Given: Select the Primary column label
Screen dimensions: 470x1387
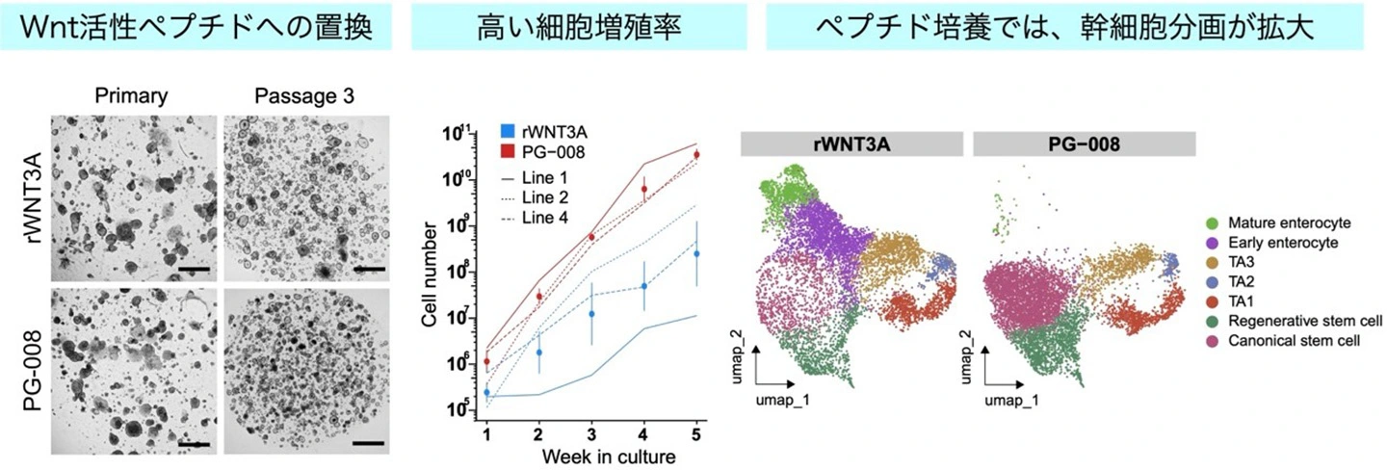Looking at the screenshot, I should tap(131, 96).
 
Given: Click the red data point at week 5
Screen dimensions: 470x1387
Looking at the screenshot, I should tap(696, 155).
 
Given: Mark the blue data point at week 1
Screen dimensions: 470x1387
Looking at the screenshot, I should tap(487, 393).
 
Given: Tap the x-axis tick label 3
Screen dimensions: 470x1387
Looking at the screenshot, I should tap(592, 433).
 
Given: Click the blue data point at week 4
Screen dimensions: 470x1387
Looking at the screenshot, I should tap(644, 286).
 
